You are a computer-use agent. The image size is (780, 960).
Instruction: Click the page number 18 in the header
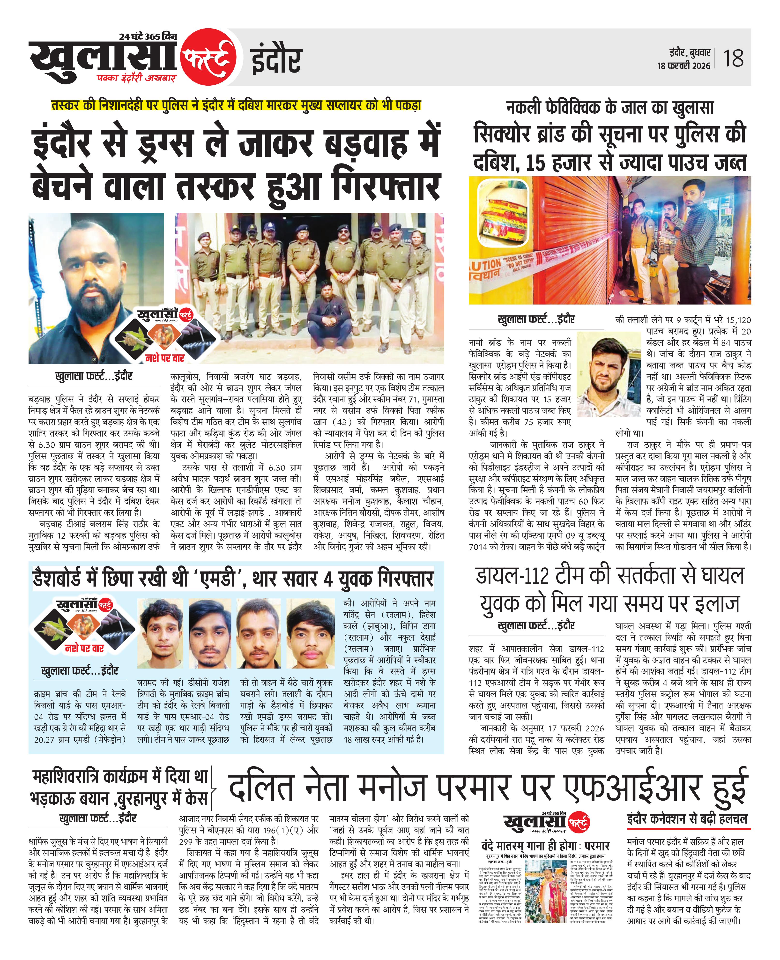733,58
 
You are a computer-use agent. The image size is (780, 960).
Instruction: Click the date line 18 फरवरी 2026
683,66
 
